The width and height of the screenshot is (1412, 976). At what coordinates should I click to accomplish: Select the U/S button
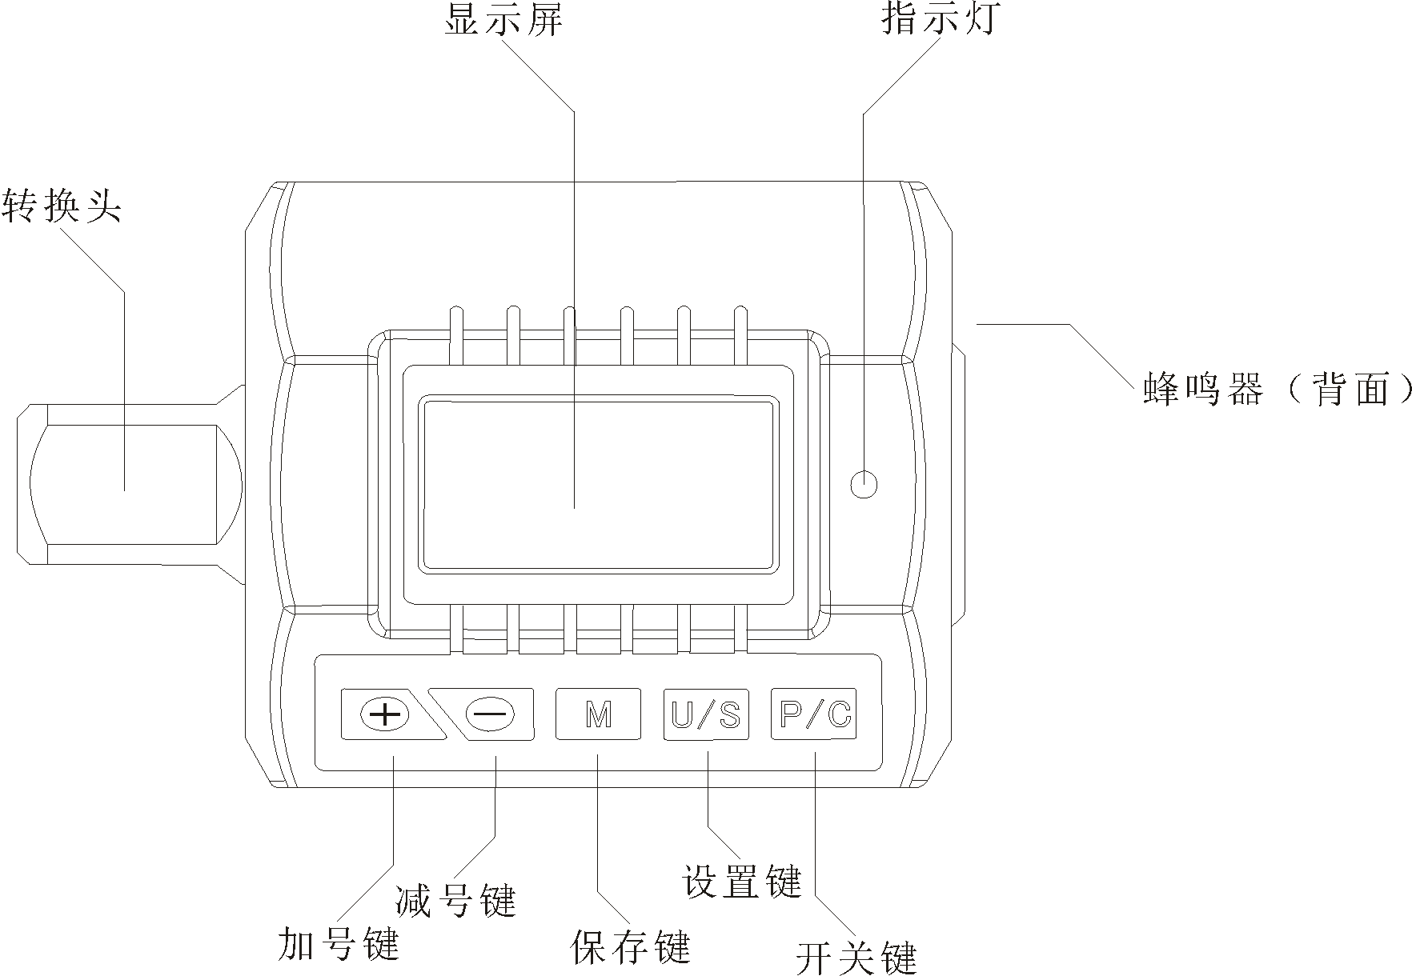[x=706, y=714]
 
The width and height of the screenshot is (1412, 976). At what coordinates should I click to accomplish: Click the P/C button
[x=813, y=714]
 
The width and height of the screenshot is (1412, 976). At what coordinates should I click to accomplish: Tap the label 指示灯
[x=941, y=18]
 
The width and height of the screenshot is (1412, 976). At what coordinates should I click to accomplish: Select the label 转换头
[x=62, y=206]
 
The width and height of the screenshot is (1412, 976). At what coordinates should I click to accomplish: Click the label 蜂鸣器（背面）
[x=1278, y=390]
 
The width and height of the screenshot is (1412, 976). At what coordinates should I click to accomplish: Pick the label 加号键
[x=338, y=944]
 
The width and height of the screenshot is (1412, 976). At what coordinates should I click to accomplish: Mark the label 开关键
[x=856, y=957]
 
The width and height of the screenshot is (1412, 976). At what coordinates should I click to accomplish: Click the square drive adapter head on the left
[x=128, y=485]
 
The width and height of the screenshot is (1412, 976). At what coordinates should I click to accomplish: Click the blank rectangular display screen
[x=598, y=485]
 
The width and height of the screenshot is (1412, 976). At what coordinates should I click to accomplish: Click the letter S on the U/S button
[x=729, y=714]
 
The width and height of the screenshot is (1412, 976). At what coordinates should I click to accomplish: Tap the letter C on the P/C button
[x=838, y=714]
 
